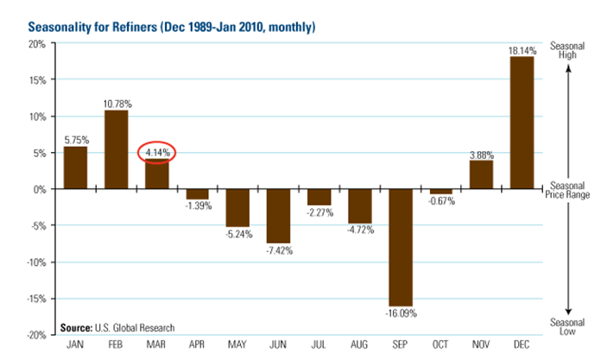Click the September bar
coord(399,246)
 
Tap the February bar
coord(116,149)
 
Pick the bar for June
coord(277,216)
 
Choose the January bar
coord(75,167)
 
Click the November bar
coord(480,174)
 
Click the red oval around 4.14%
coord(157,153)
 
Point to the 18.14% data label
coord(521,51)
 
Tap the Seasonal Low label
coord(568,327)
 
